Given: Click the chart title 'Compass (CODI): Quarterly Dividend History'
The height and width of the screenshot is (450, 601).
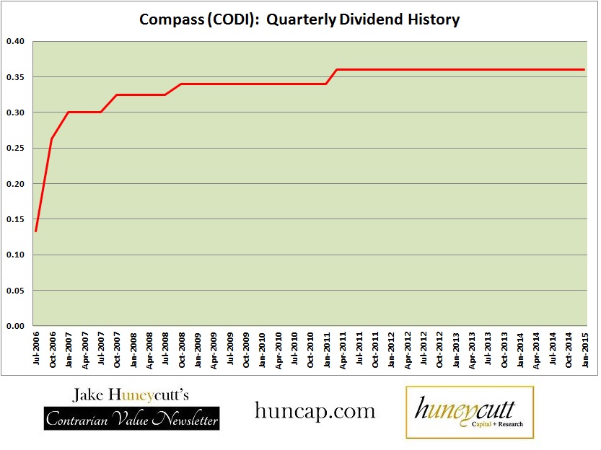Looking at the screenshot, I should [299, 19].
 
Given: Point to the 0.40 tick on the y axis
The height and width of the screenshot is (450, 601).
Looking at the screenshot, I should [15, 41].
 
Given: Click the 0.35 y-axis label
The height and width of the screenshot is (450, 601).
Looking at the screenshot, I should [15, 76].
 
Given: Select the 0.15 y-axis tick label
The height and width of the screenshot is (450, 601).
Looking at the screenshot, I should [15, 219].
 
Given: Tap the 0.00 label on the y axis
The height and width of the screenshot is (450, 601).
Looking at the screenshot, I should [15, 326].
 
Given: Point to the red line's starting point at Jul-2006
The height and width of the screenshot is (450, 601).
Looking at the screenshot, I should [36, 231].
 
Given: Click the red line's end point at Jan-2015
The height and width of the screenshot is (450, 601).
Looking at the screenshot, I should [584, 69].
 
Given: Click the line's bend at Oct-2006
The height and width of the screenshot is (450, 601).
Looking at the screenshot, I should [52, 138].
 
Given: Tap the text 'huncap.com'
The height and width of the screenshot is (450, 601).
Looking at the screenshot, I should [315, 411].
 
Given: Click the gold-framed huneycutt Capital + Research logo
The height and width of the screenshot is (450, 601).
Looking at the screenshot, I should [470, 412].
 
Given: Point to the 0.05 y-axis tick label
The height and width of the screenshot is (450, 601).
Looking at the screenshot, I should [15, 291].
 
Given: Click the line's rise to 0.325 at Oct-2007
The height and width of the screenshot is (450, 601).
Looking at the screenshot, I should [116, 94].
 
